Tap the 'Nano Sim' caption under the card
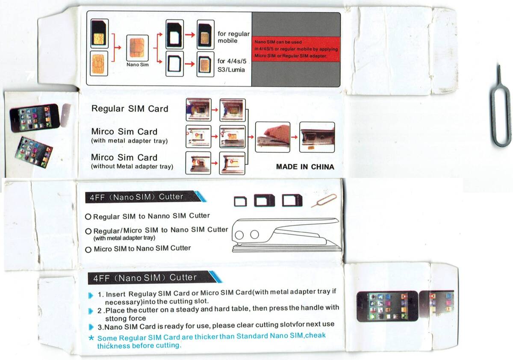pos(137,65)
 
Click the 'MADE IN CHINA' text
pos(305,167)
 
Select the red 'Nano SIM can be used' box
pos(296,49)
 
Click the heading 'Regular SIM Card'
pos(130,109)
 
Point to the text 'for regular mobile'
pos(233,37)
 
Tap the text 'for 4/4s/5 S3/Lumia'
pos(232,65)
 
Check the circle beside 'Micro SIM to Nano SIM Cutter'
pos(88,250)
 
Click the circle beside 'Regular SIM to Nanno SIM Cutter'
pos(88,217)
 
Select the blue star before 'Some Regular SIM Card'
pos(91,338)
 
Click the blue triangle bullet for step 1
pos(91,295)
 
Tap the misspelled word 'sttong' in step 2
pos(114,319)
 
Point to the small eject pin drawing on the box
pos(324,201)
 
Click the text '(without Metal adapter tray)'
pos(132,166)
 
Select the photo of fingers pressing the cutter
pos(273,137)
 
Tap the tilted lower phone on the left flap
pos(34,152)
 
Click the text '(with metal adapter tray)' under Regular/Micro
pos(124,238)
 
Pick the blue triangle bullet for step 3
pos(91,327)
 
